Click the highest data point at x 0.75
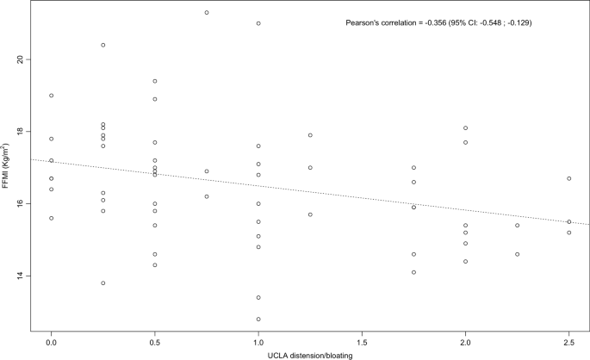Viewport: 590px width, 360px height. click(x=207, y=13)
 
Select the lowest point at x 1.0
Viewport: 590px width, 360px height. click(x=258, y=320)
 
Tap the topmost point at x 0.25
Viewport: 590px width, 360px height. click(x=103, y=45)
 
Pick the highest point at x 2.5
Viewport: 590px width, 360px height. click(x=569, y=178)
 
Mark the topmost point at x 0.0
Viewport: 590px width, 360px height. click(x=52, y=96)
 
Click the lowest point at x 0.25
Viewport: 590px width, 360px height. click(x=103, y=283)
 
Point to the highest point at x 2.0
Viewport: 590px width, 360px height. click(x=466, y=128)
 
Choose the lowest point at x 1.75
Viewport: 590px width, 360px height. click(x=414, y=272)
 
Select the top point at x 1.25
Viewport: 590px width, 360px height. click(x=310, y=135)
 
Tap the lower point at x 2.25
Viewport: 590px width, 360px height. click(x=518, y=254)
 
